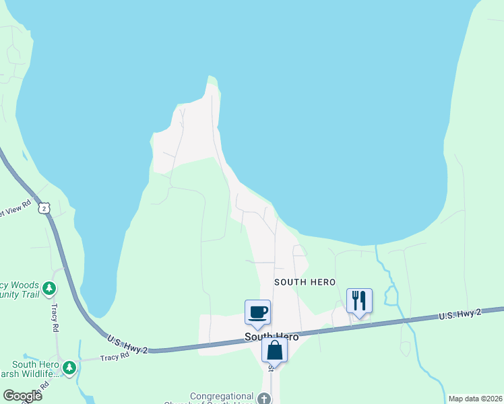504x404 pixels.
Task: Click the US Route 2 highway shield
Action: coord(44,208)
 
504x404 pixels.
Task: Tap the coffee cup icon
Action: coord(257,312)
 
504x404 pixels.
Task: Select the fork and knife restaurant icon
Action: coord(359,300)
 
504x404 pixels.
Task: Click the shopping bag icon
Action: coord(274,350)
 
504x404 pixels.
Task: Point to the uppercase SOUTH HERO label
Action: coord(305,281)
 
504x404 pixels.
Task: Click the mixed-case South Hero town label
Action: coord(272,337)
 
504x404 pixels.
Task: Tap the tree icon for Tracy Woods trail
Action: coord(49,289)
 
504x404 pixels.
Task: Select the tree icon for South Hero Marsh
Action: coord(69,368)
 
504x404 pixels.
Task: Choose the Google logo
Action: coord(22,396)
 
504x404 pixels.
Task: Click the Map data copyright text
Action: coord(474,399)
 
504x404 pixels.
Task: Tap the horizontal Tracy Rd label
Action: coord(115,357)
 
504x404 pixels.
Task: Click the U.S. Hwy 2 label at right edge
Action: coord(460,314)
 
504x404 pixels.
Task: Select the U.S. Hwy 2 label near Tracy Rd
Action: coord(126,342)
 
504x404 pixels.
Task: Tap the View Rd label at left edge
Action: coord(15,209)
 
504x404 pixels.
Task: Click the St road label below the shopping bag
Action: coord(272,367)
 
